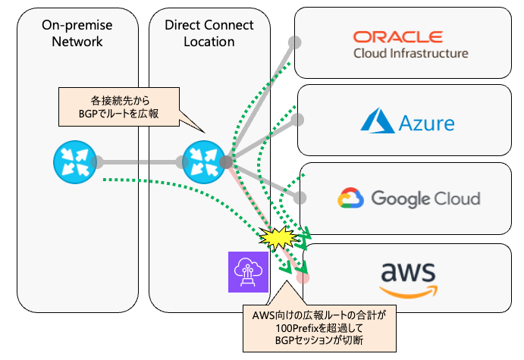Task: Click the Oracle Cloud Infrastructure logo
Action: [x=410, y=44]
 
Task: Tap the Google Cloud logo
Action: [x=409, y=199]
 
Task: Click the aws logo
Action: [x=409, y=278]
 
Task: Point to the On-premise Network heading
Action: [x=77, y=33]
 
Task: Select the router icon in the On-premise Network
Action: [x=73, y=161]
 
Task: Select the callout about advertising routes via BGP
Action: [x=120, y=108]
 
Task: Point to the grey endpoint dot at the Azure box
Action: [x=299, y=120]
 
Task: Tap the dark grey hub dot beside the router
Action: [x=226, y=161]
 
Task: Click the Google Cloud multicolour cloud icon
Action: [x=351, y=199]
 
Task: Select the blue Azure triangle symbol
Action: [x=375, y=121]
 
